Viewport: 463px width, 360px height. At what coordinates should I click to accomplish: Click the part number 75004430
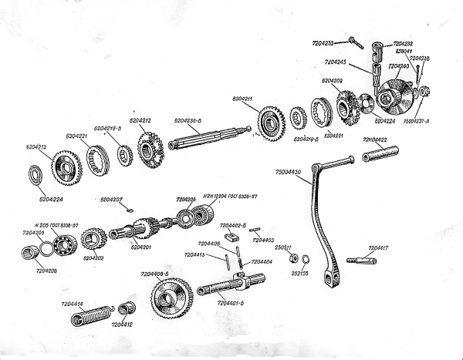click(288, 172)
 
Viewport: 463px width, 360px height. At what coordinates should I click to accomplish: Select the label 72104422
click(375, 140)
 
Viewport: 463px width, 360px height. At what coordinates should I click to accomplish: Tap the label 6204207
click(112, 200)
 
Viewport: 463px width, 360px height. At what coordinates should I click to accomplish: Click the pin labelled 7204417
click(361, 261)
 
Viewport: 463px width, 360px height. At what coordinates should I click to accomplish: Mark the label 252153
click(301, 273)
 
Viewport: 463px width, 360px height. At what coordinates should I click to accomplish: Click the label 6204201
click(141, 247)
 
